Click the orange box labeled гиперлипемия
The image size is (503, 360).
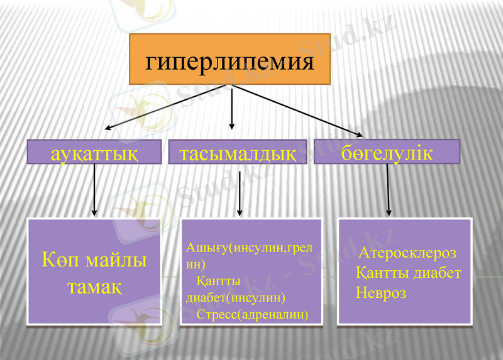click(x=229, y=60)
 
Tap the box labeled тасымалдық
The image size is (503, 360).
click(x=238, y=153)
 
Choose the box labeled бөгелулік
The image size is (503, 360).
click(x=387, y=151)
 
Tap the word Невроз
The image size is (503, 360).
click(x=380, y=293)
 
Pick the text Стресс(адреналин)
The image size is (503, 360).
click(x=252, y=313)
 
